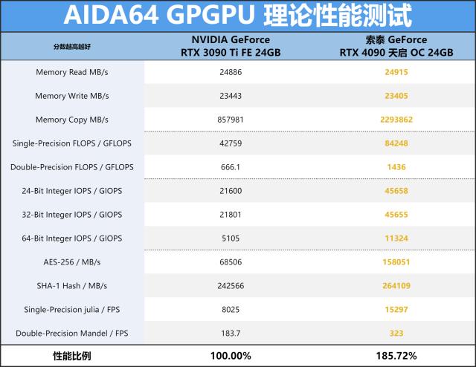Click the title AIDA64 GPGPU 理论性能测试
point(237,16)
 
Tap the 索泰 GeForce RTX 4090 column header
point(396,46)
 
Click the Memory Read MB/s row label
point(72,72)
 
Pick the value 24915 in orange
point(396,72)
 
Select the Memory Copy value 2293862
point(396,120)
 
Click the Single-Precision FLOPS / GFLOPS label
point(72,143)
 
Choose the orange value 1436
point(396,167)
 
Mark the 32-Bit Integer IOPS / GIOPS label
point(72,215)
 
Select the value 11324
point(396,238)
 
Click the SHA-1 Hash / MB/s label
point(72,286)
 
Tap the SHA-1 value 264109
point(396,286)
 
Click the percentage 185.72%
point(396,356)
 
